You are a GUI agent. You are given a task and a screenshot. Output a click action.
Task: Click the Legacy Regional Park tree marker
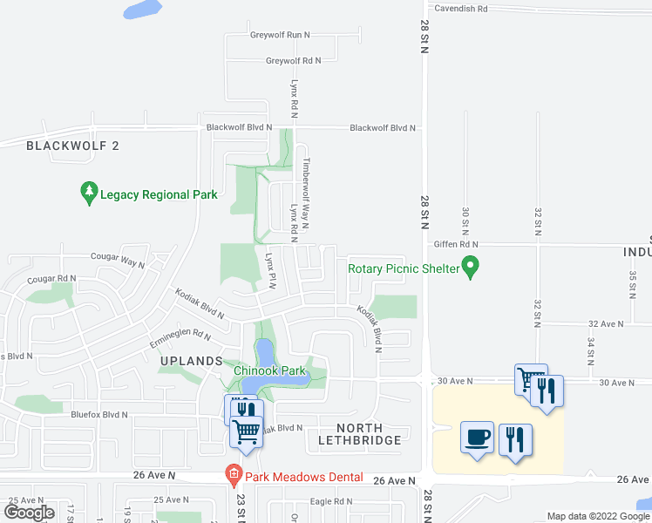coord(88,194)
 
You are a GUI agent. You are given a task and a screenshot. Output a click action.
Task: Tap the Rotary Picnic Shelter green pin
coord(471,267)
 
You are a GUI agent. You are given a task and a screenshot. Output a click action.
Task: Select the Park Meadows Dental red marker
coord(233,476)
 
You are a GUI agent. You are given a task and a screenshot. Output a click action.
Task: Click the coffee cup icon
coord(477,438)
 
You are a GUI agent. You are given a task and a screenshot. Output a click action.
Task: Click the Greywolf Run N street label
coord(280,35)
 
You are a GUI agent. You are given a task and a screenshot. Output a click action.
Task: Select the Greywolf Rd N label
coord(293,61)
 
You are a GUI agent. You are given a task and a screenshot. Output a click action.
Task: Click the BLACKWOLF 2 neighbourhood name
coord(72,146)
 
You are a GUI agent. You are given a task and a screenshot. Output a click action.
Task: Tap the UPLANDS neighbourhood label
coord(192,361)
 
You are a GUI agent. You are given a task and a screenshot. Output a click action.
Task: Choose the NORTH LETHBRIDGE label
coord(360,434)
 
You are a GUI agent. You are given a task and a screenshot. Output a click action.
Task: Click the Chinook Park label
coord(269,370)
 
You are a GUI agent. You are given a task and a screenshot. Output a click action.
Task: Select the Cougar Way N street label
coord(118,258)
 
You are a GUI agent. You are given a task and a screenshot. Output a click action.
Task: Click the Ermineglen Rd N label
coord(180,334)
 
